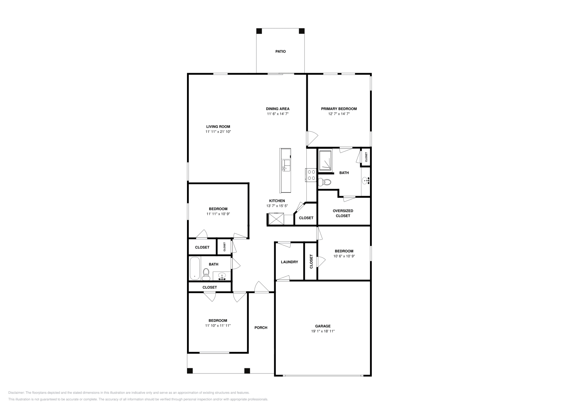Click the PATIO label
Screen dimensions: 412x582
click(x=280, y=52)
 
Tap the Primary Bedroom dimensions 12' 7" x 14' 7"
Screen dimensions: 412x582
click(x=339, y=114)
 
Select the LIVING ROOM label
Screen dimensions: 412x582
click(x=218, y=127)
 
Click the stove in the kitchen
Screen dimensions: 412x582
click(x=311, y=175)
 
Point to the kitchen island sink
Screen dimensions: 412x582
click(x=286, y=166)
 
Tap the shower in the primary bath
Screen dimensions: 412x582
click(x=325, y=161)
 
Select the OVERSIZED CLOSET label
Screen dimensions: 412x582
click(x=343, y=213)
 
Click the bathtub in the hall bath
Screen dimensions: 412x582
click(x=195, y=268)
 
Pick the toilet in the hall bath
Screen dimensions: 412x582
click(x=206, y=274)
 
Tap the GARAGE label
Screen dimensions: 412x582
click(x=323, y=326)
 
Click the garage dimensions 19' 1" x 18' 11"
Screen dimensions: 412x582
click(x=323, y=331)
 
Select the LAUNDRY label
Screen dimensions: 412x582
click(x=289, y=262)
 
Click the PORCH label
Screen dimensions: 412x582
click(x=261, y=328)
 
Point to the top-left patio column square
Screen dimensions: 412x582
click(x=259, y=31)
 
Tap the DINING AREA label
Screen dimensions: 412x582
click(x=278, y=108)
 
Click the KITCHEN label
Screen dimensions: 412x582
click(x=277, y=201)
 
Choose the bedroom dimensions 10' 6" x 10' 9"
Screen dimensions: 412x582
click(x=344, y=256)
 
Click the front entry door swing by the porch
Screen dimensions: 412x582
click(x=261, y=287)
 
